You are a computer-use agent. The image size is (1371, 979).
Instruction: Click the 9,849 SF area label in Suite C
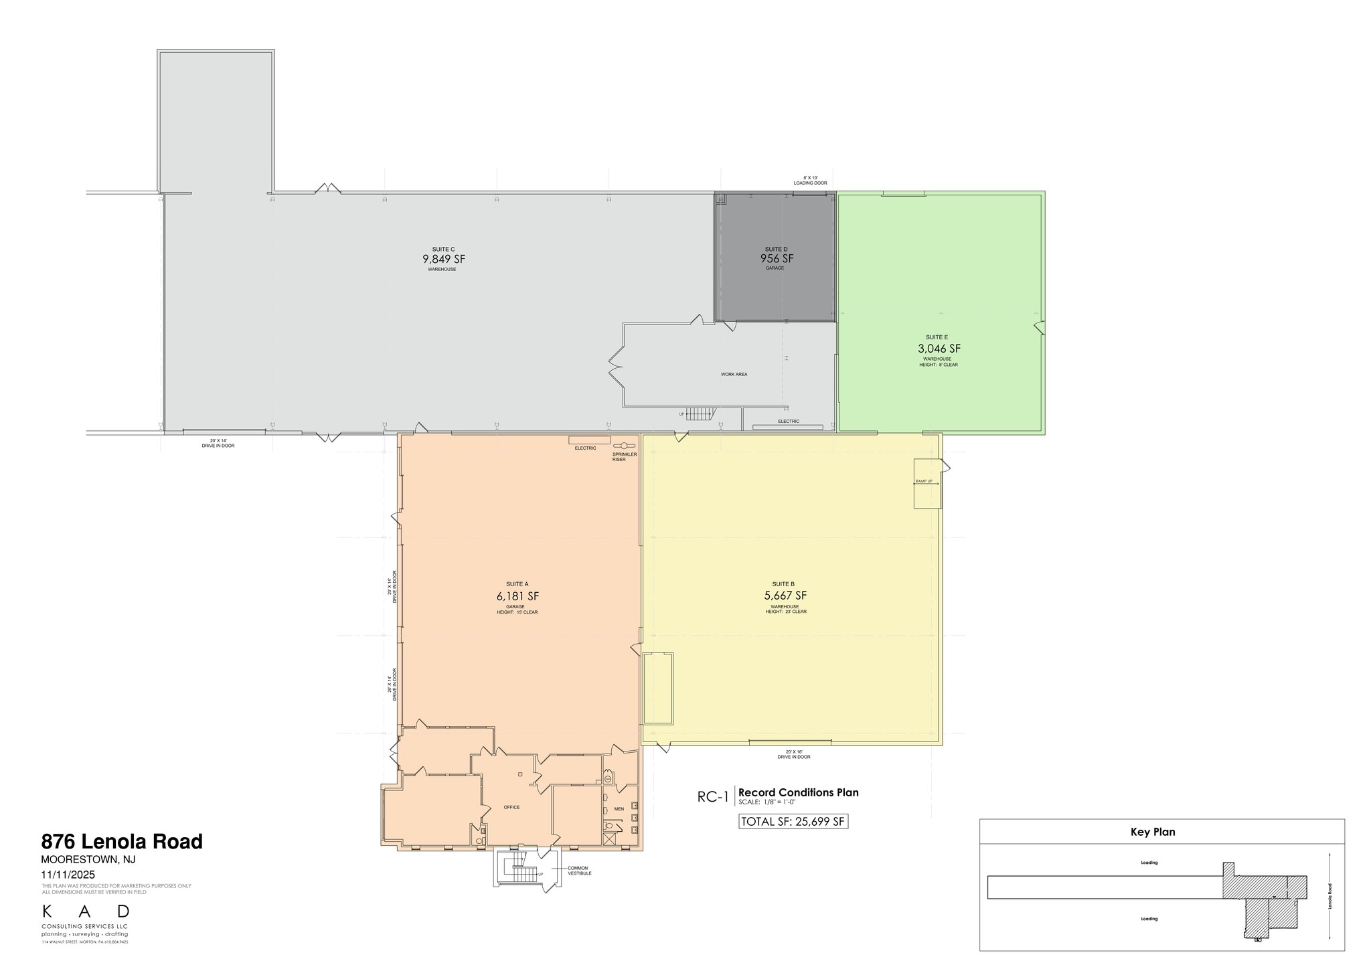[443, 259]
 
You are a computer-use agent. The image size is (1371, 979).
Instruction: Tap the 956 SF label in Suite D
[777, 258]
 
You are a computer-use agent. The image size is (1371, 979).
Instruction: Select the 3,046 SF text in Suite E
[939, 349]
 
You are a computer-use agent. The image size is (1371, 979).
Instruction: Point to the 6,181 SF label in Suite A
[517, 596]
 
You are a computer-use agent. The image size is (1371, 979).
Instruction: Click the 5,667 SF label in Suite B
[785, 596]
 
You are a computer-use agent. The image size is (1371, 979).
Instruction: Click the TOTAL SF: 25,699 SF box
[793, 822]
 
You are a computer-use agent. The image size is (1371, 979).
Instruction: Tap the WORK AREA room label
[734, 374]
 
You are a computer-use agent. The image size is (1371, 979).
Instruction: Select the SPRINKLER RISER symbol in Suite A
[624, 446]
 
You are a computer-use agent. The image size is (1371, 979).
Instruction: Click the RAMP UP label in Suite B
[924, 481]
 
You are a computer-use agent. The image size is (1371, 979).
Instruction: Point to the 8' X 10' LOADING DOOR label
[810, 181]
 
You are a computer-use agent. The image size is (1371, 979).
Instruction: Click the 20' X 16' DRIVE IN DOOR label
[793, 754]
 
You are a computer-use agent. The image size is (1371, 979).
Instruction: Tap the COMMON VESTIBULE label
[579, 871]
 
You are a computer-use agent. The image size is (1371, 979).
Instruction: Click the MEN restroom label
[619, 809]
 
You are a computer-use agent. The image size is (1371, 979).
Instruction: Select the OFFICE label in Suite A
[511, 807]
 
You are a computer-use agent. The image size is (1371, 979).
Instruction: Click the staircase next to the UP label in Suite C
[699, 414]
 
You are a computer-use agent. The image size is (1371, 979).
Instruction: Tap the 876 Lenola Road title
[122, 841]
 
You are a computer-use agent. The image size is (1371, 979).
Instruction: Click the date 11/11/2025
[68, 875]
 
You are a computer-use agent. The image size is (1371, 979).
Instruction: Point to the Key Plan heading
[1153, 832]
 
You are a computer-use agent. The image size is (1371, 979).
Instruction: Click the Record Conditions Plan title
[798, 792]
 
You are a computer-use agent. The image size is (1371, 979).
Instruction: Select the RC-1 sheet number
[712, 796]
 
